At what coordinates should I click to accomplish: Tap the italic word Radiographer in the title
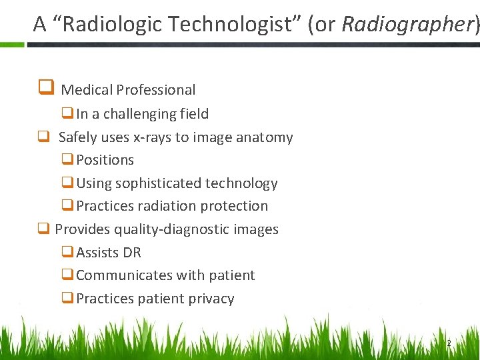pyautogui.click(x=407, y=24)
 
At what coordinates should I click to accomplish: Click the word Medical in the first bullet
pyautogui.click(x=86, y=90)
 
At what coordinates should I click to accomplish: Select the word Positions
pyautogui.click(x=105, y=160)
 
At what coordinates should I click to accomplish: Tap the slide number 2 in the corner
pyautogui.click(x=448, y=343)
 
